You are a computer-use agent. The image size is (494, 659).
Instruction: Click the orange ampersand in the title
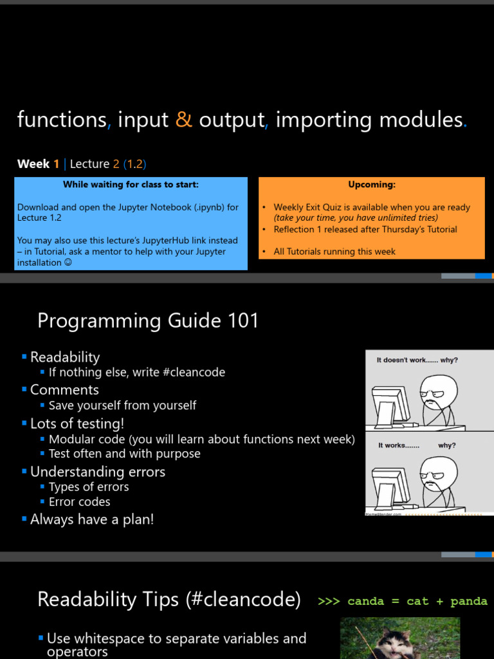(x=184, y=120)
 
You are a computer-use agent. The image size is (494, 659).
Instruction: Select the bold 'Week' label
(x=33, y=164)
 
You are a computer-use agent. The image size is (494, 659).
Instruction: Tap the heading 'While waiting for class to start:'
(x=131, y=185)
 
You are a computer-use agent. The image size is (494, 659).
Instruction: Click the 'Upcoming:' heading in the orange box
(x=372, y=185)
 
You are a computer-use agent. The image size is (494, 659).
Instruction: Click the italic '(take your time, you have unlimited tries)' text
(x=356, y=218)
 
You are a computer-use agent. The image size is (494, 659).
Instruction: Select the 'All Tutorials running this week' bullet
(x=334, y=252)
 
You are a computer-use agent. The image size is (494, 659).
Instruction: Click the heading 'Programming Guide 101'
(x=148, y=320)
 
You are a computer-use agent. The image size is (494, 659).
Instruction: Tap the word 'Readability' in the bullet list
(x=65, y=357)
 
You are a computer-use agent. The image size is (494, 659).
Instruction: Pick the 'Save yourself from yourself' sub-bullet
(x=122, y=405)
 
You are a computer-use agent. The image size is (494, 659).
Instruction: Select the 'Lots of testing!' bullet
(x=77, y=423)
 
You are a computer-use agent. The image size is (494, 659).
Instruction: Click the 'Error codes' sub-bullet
(x=79, y=502)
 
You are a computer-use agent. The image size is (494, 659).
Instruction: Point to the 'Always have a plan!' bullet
(x=92, y=519)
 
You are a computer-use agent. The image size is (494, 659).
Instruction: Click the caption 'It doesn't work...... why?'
(x=417, y=360)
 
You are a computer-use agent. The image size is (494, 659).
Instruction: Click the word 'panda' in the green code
(x=469, y=601)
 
